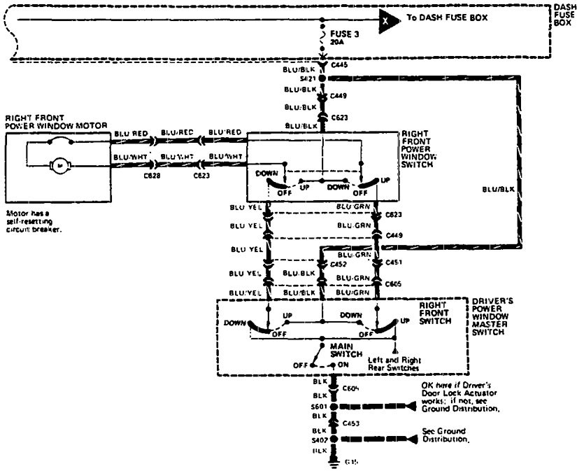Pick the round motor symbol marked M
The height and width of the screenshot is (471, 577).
(x=60, y=166)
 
